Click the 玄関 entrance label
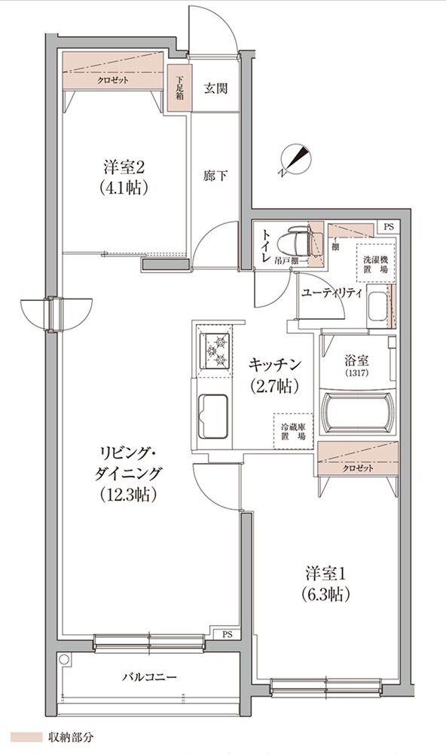click(215, 87)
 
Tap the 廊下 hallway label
click(215, 176)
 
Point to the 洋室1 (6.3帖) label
click(327, 583)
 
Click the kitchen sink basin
click(215, 415)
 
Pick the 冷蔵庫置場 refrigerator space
click(293, 431)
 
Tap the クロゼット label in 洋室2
click(112, 81)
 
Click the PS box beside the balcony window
click(227, 634)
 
